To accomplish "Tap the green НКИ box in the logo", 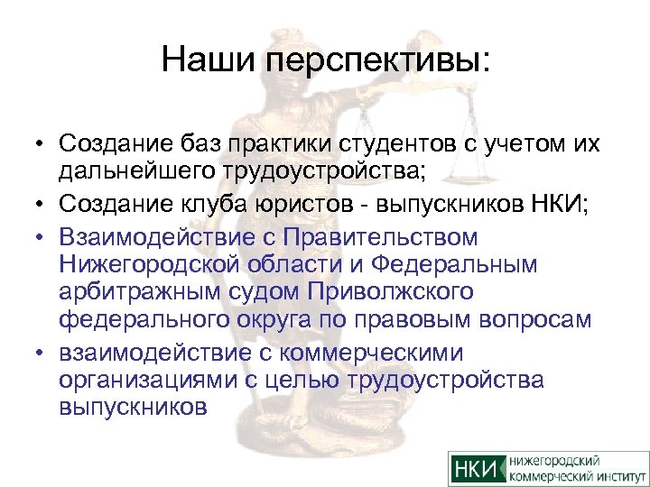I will point(477,468).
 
